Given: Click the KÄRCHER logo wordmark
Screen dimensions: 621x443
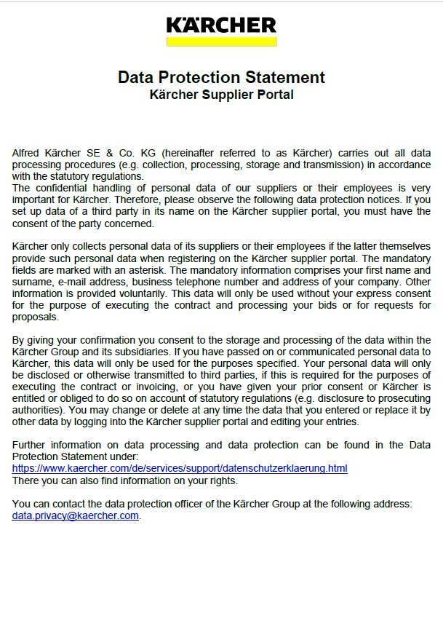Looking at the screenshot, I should (221, 26).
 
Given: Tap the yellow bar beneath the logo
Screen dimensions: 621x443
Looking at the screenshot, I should (221, 41).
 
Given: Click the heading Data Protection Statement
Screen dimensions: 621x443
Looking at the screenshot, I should (221, 77).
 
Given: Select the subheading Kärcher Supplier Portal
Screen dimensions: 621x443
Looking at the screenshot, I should (221, 95).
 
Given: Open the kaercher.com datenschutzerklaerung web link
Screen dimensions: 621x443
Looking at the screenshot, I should (180, 468).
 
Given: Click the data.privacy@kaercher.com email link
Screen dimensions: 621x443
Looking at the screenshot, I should (76, 515).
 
